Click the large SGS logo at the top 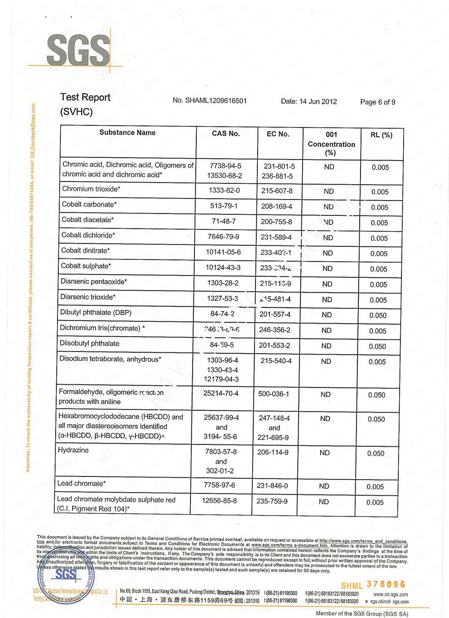(x=78, y=50)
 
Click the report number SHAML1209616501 (x=210, y=101)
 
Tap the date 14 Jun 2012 (x=309, y=102)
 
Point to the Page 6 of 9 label (x=378, y=102)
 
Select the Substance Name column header (x=128, y=133)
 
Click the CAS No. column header (x=226, y=133)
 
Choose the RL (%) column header (x=381, y=135)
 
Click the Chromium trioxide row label (x=91, y=189)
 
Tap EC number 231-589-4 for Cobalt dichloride (x=276, y=237)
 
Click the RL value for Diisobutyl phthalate (x=377, y=346)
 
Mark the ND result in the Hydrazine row (x=325, y=453)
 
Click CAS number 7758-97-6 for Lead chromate (x=220, y=485)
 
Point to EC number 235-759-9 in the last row (x=272, y=501)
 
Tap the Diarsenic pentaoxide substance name (x=94, y=281)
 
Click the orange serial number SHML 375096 (x=373, y=585)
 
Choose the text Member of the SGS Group (x=362, y=614)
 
